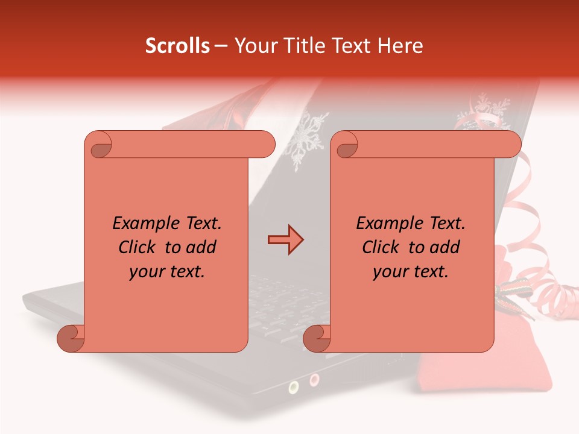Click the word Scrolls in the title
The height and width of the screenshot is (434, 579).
coord(177,46)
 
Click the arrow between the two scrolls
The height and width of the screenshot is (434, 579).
coord(285,240)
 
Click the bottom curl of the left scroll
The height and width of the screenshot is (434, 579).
coord(71,338)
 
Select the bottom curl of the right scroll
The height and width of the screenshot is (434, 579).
coord(317,338)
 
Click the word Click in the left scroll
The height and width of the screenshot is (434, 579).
coord(138,247)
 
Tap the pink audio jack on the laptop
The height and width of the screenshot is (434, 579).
coord(314,379)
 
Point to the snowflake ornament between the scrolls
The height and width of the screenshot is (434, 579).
coord(305,142)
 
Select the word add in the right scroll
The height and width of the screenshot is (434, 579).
coord(445,247)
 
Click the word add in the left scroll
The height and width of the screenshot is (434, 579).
coord(201,247)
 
